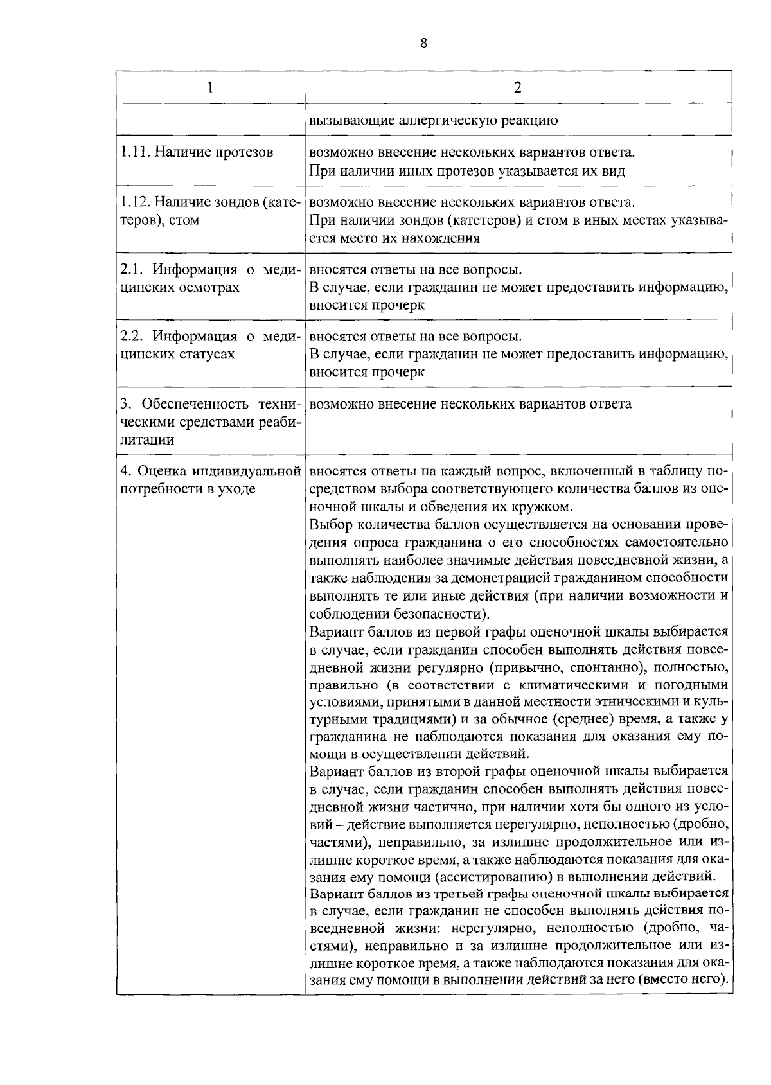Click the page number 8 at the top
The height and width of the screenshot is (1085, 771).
pos(423,42)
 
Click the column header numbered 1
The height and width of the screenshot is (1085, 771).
pos(210,87)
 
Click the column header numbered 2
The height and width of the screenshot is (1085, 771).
pos(518,87)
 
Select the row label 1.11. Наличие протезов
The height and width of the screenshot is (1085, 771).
pos(197,152)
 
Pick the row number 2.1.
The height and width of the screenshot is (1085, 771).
pos(130,270)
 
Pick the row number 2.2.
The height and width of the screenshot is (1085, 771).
pos(130,337)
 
